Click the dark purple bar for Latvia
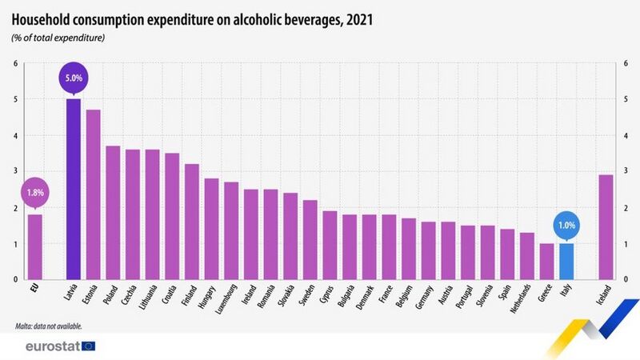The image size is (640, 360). coord(74,189)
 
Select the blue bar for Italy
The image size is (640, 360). coord(566,261)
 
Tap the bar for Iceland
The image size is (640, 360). coord(606,226)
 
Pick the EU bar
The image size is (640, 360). coord(34,246)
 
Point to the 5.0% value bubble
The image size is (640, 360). coord(74,78)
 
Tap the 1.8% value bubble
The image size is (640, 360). coord(35,193)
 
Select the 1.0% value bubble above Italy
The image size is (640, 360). coord(566,226)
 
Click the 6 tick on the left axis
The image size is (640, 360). coord(15,63)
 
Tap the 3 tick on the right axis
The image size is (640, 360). coord(625,171)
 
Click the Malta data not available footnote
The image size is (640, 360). coord(49,326)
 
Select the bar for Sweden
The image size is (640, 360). coord(310,239)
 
